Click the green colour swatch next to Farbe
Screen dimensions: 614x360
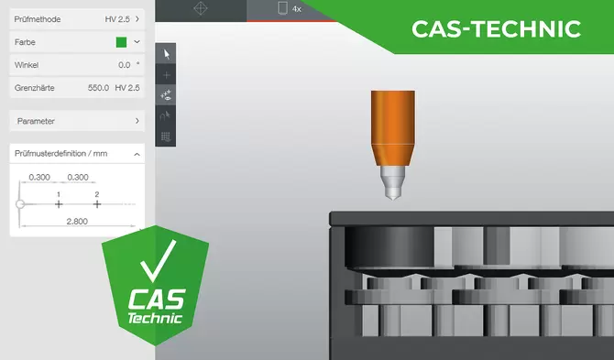point(121,42)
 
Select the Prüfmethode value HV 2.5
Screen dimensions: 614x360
point(117,19)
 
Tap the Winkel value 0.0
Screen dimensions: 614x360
point(124,65)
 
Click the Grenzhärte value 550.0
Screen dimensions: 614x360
point(98,88)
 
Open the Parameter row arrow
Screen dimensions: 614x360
point(137,121)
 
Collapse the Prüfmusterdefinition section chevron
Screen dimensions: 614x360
point(137,154)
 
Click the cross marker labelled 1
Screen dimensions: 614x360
point(59,204)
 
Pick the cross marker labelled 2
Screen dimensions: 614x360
point(97,204)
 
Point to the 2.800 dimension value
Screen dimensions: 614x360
point(77,222)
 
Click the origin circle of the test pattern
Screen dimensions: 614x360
point(20,204)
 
